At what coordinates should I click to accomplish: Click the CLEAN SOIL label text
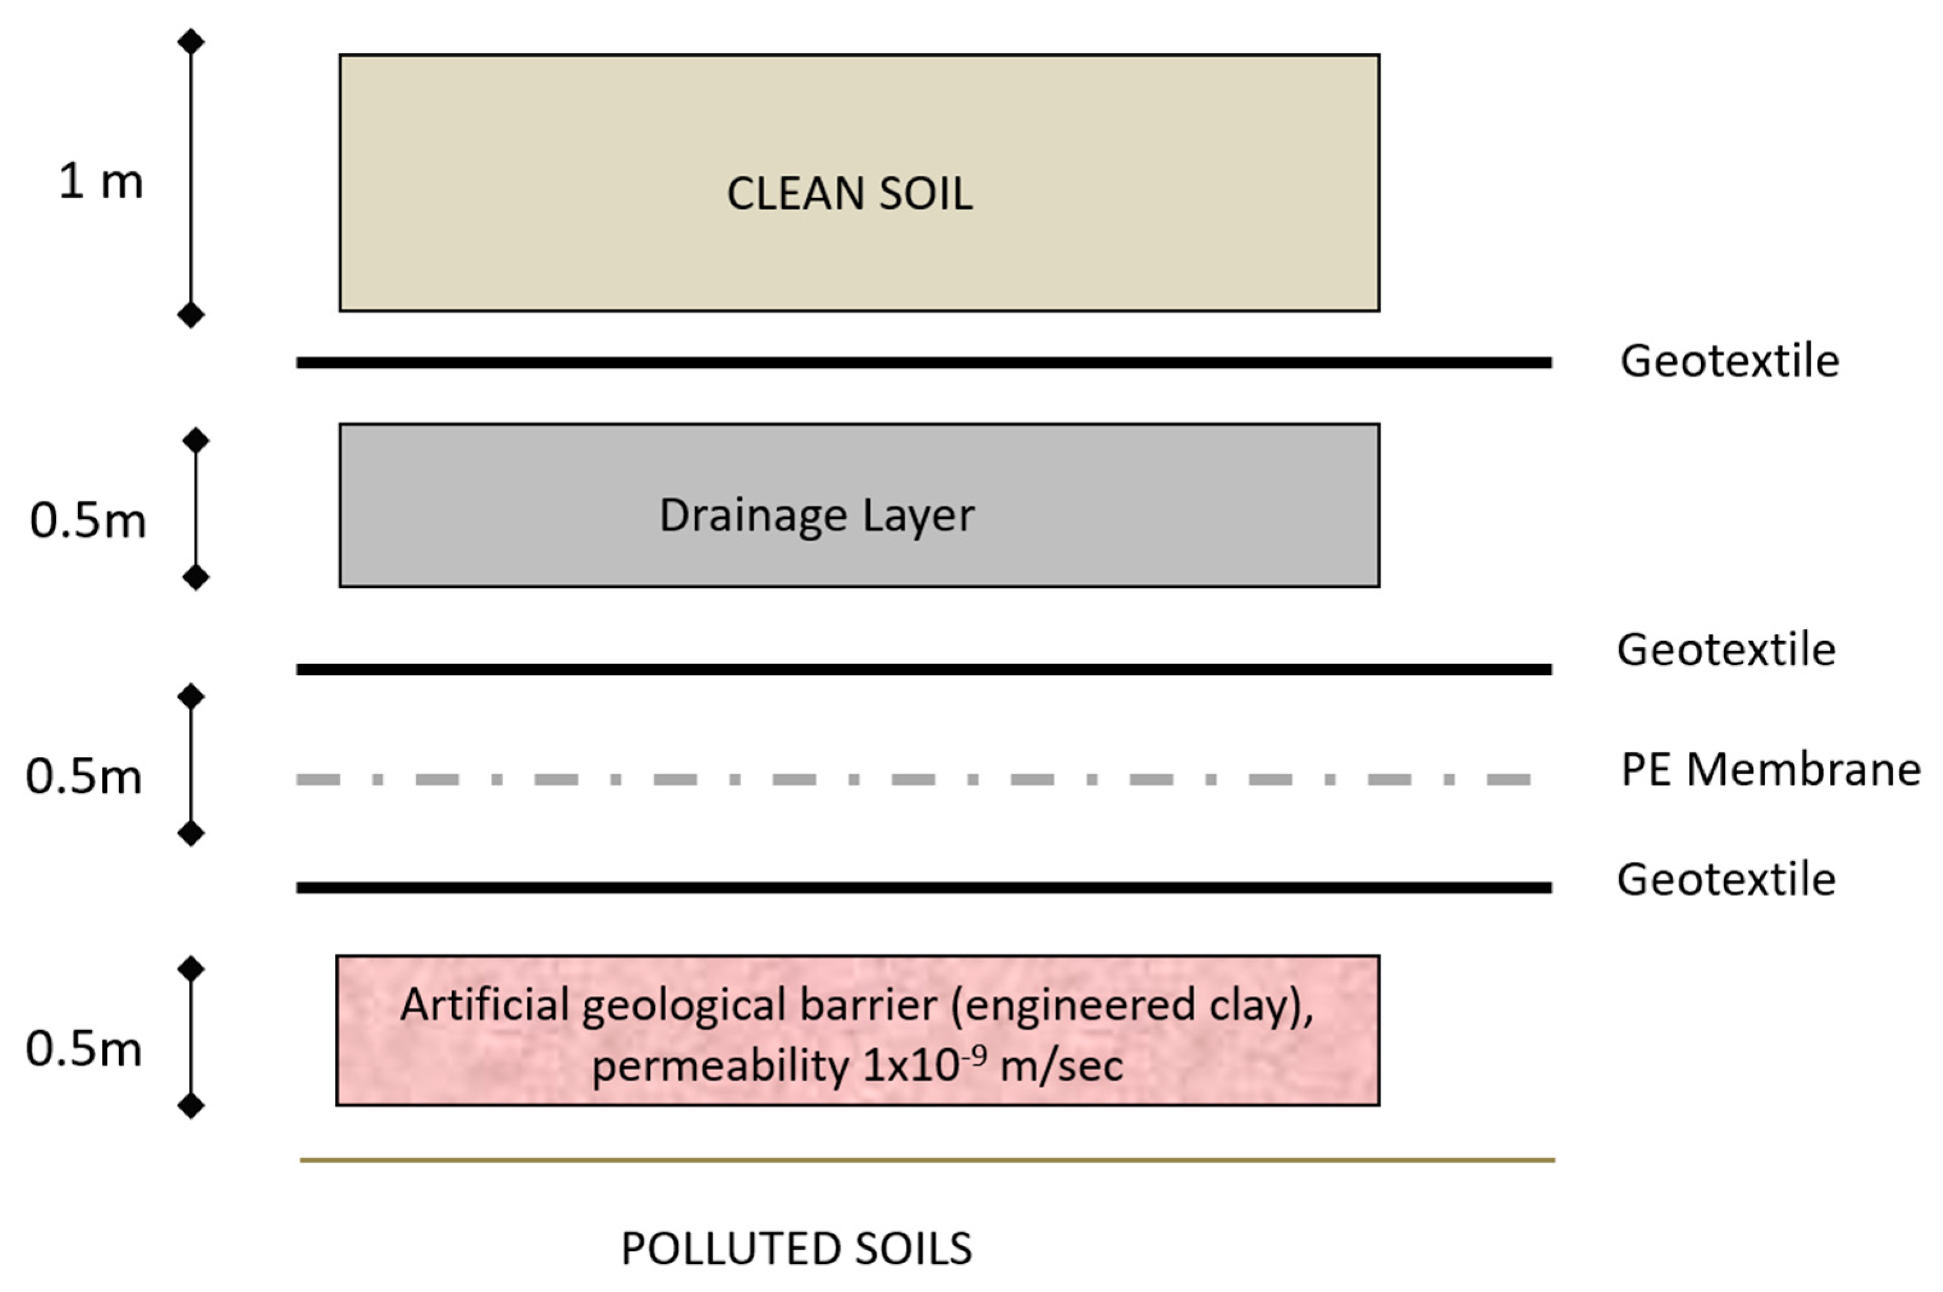click(849, 194)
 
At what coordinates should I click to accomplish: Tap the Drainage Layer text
click(816, 516)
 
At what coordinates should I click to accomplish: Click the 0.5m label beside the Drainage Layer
click(88, 521)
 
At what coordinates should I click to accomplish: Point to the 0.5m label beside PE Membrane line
click(84, 776)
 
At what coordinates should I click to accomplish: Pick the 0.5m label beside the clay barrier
click(84, 1049)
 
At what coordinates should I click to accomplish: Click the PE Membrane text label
click(1770, 770)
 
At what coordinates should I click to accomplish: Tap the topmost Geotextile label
click(1729, 361)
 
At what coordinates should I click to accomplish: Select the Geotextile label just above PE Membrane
click(1725, 650)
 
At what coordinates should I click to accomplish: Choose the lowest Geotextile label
click(1725, 879)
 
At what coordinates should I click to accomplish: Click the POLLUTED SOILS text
click(796, 1249)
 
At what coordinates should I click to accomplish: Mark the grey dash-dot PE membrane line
click(913, 779)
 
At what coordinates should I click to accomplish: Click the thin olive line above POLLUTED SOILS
click(927, 1160)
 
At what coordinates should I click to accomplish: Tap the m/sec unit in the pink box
click(1061, 1065)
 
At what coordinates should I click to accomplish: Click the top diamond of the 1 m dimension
click(190, 41)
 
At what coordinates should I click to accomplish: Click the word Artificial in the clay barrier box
click(484, 1005)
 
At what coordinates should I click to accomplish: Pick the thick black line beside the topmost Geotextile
click(924, 363)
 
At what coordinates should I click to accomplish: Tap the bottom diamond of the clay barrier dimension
click(190, 1105)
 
